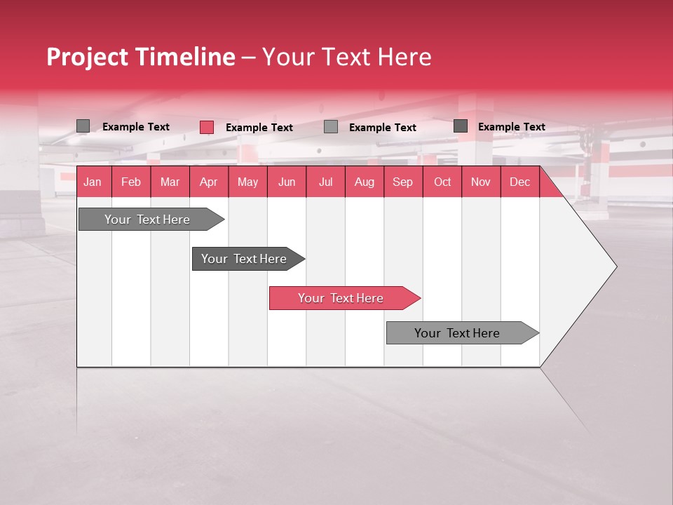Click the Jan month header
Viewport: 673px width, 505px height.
[x=93, y=182]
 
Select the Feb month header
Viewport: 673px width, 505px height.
[x=131, y=182]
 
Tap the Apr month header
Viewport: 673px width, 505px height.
[x=208, y=182]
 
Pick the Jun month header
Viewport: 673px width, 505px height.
[x=287, y=182]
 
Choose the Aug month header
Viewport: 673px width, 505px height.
[x=364, y=182]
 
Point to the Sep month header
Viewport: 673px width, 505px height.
[x=402, y=182]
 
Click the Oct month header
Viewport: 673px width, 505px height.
[x=442, y=182]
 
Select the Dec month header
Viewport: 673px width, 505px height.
[x=519, y=182]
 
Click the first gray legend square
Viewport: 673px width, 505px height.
[x=83, y=126]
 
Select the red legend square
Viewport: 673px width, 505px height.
[x=207, y=127]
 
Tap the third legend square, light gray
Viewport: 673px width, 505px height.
[x=331, y=127]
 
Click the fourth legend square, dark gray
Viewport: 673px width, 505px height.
[x=461, y=126]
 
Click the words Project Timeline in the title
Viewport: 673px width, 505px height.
[x=141, y=57]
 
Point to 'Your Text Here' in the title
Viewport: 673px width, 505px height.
[x=346, y=57]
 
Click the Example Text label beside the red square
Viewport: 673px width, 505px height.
[x=259, y=128]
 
